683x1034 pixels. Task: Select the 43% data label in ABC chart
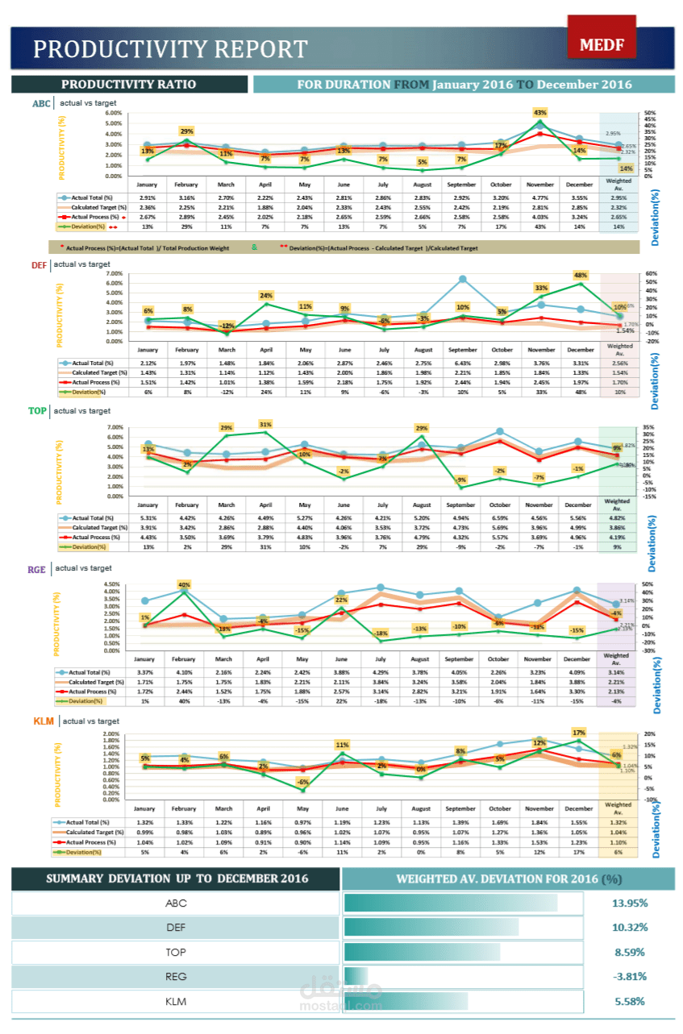(539, 112)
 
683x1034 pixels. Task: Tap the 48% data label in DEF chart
(579, 275)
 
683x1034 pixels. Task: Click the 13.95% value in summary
(629, 903)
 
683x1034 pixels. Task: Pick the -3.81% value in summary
(629, 976)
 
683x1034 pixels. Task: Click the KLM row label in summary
(176, 1001)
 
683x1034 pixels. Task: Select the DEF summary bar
(431, 928)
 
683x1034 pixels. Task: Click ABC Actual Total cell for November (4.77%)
(540, 197)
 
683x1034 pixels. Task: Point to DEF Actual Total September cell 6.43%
(461, 363)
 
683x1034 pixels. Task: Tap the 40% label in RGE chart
(184, 584)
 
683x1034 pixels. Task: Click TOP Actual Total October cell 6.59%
(500, 518)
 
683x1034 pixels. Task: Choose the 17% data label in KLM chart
(578, 733)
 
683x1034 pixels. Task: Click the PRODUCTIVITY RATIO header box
(129, 84)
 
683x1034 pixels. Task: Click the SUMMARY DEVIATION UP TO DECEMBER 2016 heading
(177, 878)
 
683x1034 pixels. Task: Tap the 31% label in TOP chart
(265, 423)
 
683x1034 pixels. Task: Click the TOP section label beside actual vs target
(37, 411)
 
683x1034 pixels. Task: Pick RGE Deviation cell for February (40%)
(184, 701)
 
